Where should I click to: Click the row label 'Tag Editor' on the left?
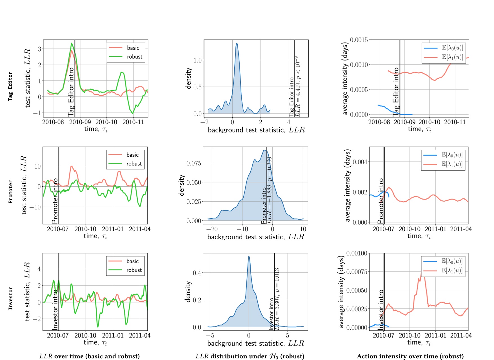click(x=10, y=86)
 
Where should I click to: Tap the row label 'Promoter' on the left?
click(x=10, y=192)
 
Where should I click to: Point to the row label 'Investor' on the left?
click(x=10, y=298)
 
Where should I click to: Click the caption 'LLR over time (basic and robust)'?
click(x=90, y=356)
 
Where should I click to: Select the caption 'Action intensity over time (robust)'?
click(x=410, y=356)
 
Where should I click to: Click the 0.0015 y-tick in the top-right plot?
click(x=359, y=40)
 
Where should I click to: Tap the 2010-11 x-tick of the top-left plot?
click(x=133, y=122)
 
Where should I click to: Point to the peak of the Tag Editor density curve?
click(x=237, y=43)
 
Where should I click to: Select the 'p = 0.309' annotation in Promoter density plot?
click(x=270, y=169)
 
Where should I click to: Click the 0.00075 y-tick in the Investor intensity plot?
click(x=357, y=272)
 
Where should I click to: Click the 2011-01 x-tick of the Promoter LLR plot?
click(x=113, y=229)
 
